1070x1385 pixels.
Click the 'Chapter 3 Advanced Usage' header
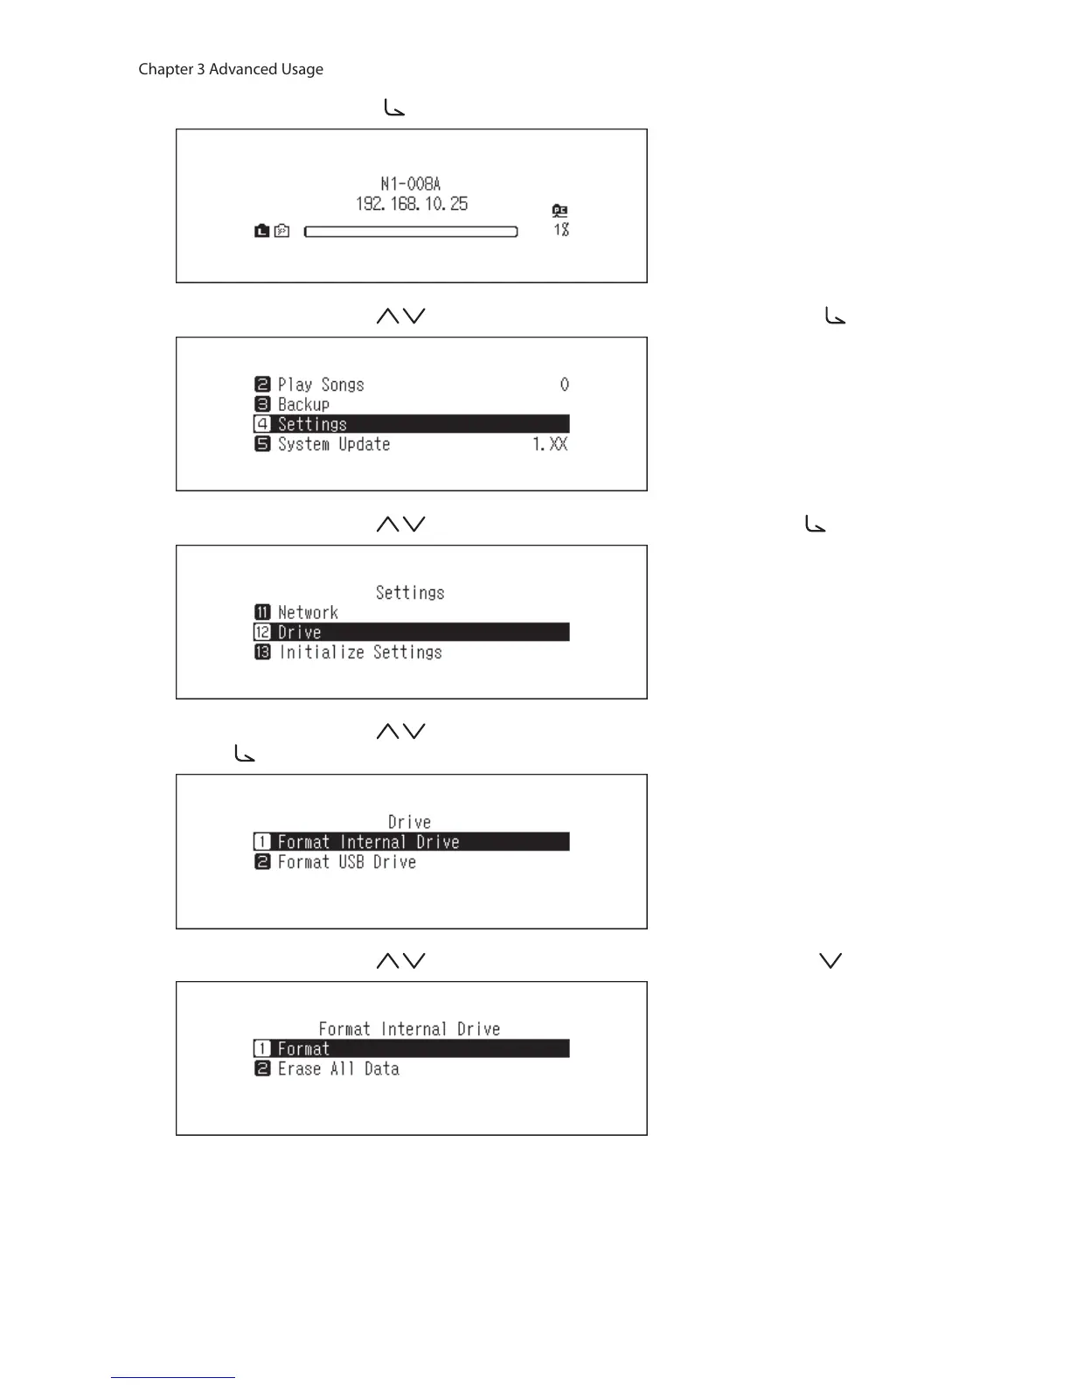(231, 69)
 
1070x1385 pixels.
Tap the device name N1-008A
(411, 184)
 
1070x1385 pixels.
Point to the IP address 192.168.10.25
(411, 204)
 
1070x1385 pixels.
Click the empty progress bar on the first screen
(411, 232)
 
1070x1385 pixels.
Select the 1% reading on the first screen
(561, 230)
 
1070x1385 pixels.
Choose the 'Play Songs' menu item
(321, 385)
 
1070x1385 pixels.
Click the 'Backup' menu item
(303, 405)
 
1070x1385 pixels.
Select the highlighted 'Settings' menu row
(411, 424)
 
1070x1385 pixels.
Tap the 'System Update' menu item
(333, 444)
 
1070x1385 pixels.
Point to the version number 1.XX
(550, 444)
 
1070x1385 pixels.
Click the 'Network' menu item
(308, 613)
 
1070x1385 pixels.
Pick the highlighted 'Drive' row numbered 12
(411, 632)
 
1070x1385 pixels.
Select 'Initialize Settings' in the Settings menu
(360, 652)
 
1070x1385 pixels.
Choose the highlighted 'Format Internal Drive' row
(411, 842)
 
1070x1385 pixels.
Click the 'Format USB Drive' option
(346, 862)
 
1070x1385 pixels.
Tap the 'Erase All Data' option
(338, 1068)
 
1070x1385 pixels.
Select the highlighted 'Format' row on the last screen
(411, 1048)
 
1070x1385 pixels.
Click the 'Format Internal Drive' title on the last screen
(409, 1029)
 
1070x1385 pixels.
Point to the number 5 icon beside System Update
(262, 444)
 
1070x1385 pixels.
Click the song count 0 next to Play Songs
(564, 385)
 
